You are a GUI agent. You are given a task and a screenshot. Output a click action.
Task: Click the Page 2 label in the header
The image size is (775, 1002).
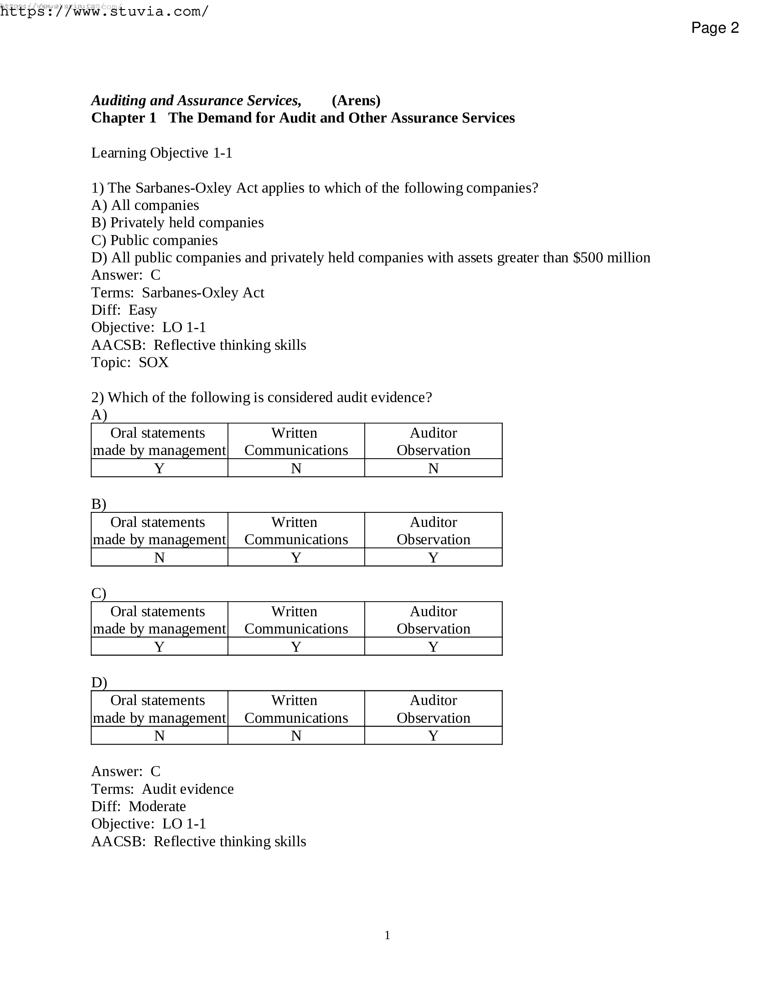click(x=714, y=28)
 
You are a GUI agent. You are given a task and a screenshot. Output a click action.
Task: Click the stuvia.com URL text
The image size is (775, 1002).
click(x=105, y=11)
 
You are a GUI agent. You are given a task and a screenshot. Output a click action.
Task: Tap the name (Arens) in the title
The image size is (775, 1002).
click(x=356, y=101)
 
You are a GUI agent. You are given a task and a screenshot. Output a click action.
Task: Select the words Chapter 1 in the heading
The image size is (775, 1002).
click(x=124, y=118)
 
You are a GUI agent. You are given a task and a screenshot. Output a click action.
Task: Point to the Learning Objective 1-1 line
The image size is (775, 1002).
click(x=162, y=153)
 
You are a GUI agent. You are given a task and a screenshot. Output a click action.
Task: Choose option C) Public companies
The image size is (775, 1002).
click(x=154, y=240)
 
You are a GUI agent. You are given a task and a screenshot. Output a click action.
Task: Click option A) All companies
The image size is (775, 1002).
click(x=145, y=205)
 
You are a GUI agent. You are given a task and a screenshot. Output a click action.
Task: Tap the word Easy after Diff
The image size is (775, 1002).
click(x=143, y=310)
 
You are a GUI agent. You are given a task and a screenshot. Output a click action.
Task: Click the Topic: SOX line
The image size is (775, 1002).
click(x=130, y=363)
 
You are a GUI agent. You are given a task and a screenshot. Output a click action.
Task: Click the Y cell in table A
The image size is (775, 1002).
click(x=159, y=468)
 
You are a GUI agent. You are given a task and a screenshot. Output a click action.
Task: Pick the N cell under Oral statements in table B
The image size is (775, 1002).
click(x=159, y=557)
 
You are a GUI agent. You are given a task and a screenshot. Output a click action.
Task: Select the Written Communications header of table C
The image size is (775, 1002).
click(x=296, y=620)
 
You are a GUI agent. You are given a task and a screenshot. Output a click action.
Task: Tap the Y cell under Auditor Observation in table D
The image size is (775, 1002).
click(x=433, y=736)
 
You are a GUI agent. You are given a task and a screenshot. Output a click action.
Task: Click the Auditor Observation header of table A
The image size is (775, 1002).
click(x=433, y=441)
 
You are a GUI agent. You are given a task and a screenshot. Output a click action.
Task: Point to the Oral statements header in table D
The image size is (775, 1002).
click(x=159, y=709)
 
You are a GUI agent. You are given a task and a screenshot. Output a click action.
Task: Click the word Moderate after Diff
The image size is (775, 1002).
click(x=157, y=806)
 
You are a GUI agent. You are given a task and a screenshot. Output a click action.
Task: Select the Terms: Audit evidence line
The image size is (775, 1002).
click(x=162, y=789)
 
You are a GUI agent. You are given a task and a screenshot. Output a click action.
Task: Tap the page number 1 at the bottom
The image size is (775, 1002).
click(x=387, y=935)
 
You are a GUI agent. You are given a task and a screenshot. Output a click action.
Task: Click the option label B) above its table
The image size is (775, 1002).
click(x=99, y=504)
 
